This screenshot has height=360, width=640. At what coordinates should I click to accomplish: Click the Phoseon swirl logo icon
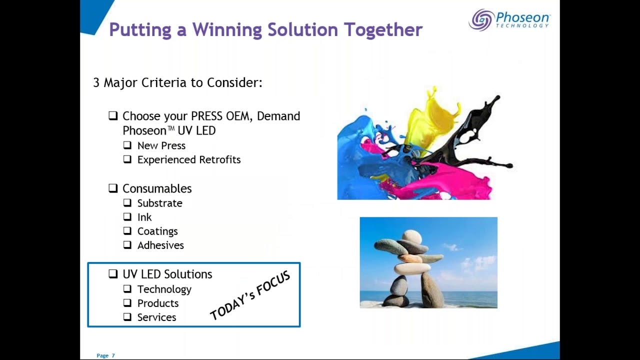pyautogui.click(x=481, y=19)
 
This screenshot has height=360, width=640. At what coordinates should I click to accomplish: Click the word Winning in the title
pyautogui.click(x=227, y=29)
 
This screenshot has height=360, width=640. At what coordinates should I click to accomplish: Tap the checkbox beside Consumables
pyautogui.click(x=113, y=188)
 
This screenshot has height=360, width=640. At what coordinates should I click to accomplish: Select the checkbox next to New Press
pyautogui.click(x=127, y=145)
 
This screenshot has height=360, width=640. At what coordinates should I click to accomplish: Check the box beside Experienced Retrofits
pyautogui.click(x=127, y=159)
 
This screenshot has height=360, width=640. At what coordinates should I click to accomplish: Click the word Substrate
pyautogui.click(x=159, y=203)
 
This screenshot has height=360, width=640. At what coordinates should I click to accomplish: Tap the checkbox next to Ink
pyautogui.click(x=127, y=216)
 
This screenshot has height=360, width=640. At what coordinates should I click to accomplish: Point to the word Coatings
pyautogui.click(x=157, y=231)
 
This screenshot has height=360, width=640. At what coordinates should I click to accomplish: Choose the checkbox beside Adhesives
pyautogui.click(x=127, y=245)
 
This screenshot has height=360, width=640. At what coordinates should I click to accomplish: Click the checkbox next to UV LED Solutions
pyautogui.click(x=113, y=273)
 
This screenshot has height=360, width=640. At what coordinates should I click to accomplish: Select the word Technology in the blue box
pyautogui.click(x=164, y=289)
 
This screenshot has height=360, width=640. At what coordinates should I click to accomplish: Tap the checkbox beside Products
pyautogui.click(x=127, y=302)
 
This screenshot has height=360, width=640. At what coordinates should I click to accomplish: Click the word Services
pyautogui.click(x=156, y=317)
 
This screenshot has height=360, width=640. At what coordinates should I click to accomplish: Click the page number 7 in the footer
pyautogui.click(x=113, y=355)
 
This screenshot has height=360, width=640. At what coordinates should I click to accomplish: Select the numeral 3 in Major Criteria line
pyautogui.click(x=96, y=82)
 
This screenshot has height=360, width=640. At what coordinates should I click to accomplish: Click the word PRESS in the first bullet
pyautogui.click(x=206, y=116)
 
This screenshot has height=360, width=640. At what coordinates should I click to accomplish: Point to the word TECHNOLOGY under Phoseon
pyautogui.click(x=522, y=25)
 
